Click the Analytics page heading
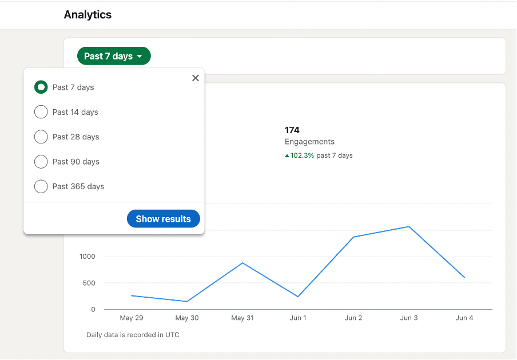coord(88,15)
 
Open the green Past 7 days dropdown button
coord(114,56)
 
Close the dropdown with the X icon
coord(196,78)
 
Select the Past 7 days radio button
coord(41,87)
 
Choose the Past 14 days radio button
coord(41,112)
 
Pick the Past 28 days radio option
coord(41,137)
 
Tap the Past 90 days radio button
coord(41,162)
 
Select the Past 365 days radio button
coord(41,186)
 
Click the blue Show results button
coord(163,219)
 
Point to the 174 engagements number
coord(292,130)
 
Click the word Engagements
coord(309,142)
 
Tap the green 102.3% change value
coord(302,155)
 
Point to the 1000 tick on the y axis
coord(88,257)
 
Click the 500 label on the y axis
coord(89,283)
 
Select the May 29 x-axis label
coord(132,318)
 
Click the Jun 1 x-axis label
coord(298,318)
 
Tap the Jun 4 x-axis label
coord(464,318)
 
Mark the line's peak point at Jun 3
coord(409,227)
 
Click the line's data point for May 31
coord(242,263)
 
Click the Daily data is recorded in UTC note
coord(133,335)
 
